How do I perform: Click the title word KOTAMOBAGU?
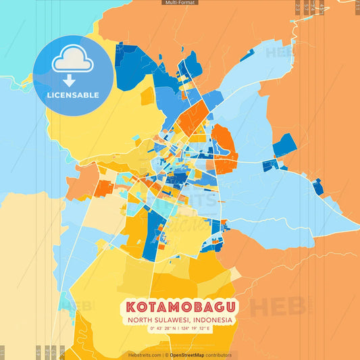point(179,307)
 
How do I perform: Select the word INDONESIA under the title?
point(211,320)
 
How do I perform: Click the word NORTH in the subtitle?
point(140,320)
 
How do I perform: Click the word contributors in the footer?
point(220,355)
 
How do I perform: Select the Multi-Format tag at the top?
point(180,3)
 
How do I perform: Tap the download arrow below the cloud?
point(68,81)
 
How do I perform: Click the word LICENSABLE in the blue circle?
point(73,95)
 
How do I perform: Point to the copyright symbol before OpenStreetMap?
point(166,355)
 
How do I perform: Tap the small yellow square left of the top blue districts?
point(147,96)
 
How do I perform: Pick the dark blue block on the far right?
point(284,144)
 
